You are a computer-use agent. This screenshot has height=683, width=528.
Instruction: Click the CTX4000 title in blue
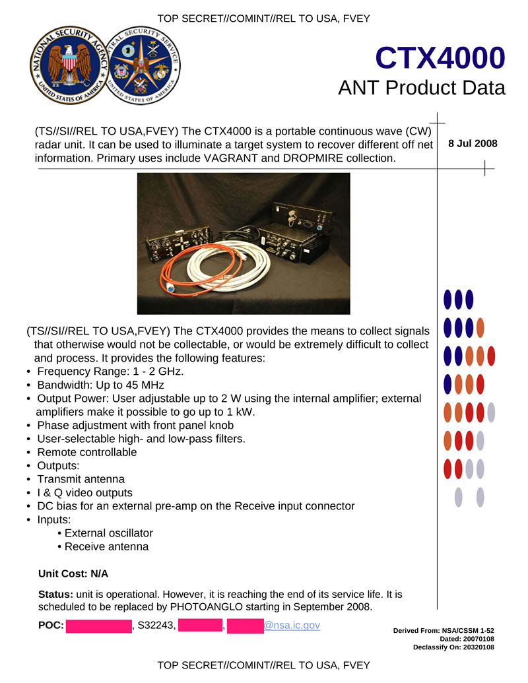pos(440,59)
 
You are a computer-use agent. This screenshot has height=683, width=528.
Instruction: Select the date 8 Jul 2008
pos(473,144)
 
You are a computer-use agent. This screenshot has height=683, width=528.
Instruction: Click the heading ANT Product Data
pos(421,88)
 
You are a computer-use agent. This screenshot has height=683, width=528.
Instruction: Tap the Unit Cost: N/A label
pos(73,574)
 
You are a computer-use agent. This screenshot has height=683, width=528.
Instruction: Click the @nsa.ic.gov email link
pos(292,624)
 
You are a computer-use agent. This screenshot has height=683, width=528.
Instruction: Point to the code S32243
pos(156,625)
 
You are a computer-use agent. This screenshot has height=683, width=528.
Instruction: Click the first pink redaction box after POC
pos(98,625)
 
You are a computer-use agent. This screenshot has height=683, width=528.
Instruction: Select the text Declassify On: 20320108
pos(453,647)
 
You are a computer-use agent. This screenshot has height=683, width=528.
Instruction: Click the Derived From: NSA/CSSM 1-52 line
pos(444,631)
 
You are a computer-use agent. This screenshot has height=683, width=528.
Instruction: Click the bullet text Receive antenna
pos(106,546)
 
